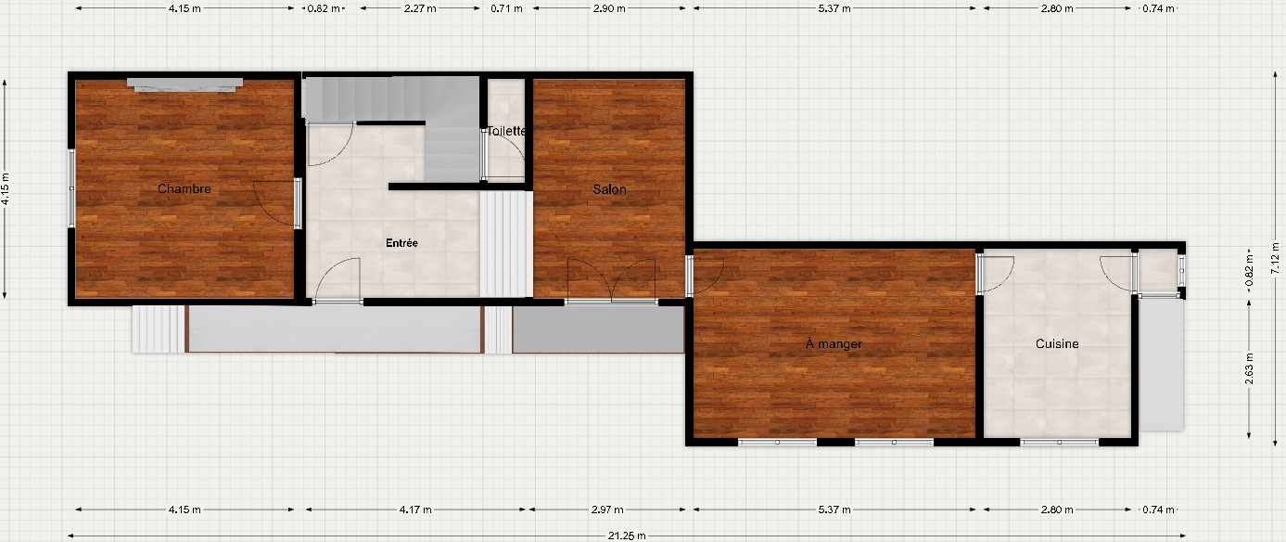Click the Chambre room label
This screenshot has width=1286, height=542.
tap(185, 188)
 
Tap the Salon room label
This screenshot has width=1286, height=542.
tap(609, 189)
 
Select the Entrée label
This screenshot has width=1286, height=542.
tap(401, 243)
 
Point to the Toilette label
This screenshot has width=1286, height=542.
tap(506, 131)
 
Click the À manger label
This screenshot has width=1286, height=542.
tap(834, 343)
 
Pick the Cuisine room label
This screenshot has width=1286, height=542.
tap(1057, 343)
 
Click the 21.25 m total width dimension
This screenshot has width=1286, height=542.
tap(627, 536)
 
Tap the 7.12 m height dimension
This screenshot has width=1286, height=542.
tap(1274, 257)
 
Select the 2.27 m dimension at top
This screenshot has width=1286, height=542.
tap(420, 8)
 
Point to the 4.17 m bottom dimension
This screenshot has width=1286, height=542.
tap(415, 510)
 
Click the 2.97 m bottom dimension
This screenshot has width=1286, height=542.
tap(607, 510)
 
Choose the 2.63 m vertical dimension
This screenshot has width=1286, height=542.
tap(1249, 368)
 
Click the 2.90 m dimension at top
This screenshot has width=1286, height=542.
tap(609, 8)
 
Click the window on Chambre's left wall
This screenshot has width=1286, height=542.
tap(71, 188)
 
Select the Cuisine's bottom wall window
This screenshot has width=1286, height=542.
tap(1059, 442)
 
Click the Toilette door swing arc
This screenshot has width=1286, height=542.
tap(511, 145)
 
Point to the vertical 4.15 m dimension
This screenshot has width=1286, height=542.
tap(5, 189)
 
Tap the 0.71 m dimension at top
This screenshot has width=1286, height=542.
tap(506, 8)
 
